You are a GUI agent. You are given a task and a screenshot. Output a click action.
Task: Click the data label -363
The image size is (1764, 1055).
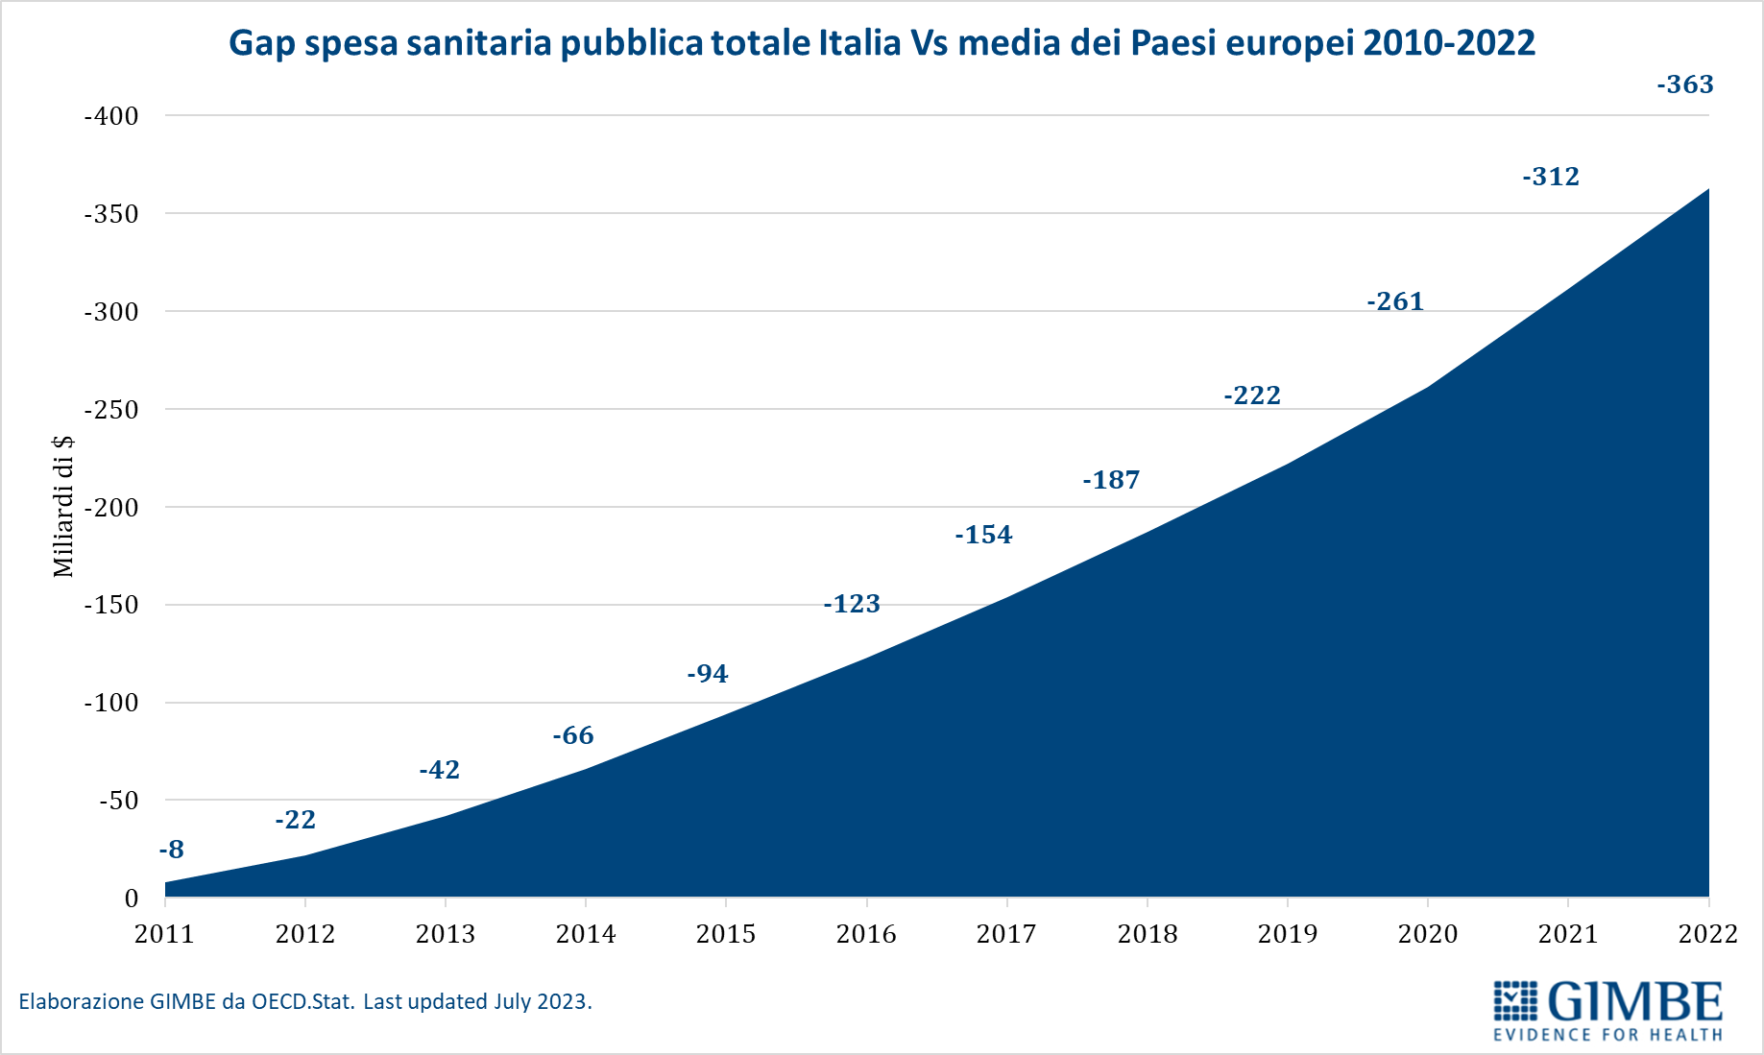[x=1685, y=84]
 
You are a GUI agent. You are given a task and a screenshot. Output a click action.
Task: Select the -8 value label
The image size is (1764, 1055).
[x=171, y=850]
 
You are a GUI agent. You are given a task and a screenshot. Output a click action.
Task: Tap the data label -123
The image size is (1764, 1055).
[x=852, y=604]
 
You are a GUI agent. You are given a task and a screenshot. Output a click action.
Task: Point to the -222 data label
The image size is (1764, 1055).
[x=1252, y=396]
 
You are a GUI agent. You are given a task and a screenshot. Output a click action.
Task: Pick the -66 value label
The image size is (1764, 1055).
[x=573, y=735]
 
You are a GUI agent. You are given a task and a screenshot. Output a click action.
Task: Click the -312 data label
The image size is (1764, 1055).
[x=1551, y=177]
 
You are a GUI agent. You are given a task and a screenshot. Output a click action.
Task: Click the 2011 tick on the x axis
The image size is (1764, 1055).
[x=164, y=934]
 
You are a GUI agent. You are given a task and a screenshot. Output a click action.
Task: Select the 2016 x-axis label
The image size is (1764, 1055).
[x=866, y=934]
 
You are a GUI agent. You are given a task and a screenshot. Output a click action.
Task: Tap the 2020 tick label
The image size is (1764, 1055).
[x=1428, y=934]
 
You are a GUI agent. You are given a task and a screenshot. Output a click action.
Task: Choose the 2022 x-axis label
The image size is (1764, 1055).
[x=1707, y=934]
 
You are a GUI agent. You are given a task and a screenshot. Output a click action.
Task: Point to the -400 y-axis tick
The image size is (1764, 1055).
[x=111, y=116]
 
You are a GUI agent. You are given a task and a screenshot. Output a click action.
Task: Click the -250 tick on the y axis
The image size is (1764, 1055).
[x=111, y=410]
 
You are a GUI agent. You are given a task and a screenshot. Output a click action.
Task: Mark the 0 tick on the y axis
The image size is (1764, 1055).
[x=132, y=899]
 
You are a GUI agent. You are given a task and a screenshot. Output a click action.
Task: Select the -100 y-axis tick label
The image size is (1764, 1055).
[x=111, y=703]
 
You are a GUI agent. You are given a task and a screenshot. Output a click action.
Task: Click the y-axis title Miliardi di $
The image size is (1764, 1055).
[x=63, y=506]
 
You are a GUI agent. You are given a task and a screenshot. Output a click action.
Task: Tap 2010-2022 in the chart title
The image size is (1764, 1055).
[x=1448, y=43]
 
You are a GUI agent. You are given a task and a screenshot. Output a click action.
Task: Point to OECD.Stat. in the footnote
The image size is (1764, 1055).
[x=303, y=1002]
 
